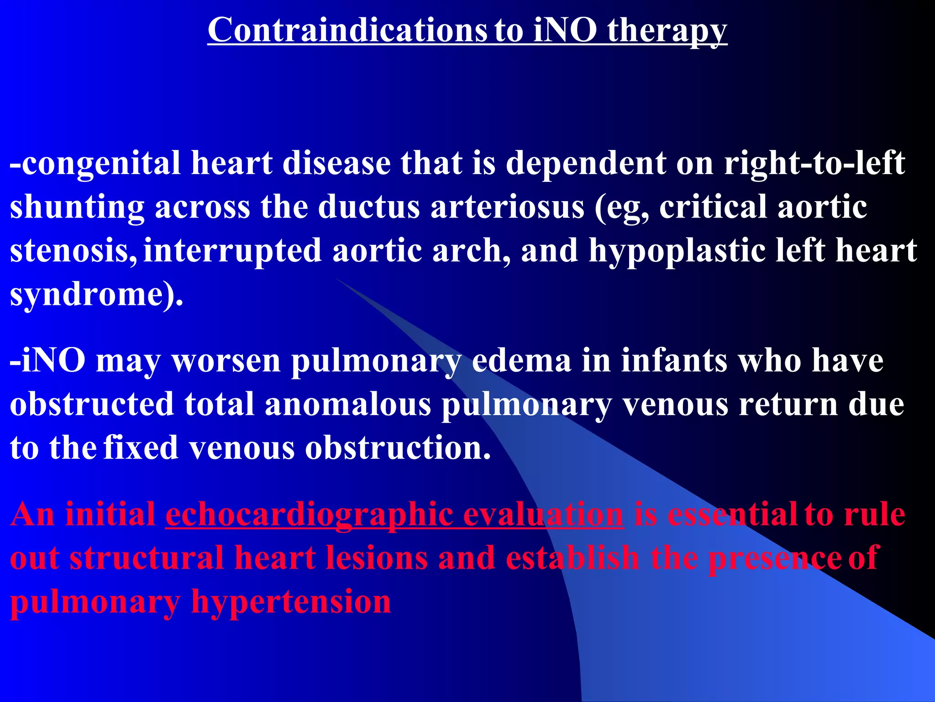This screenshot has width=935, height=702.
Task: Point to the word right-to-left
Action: coord(814,164)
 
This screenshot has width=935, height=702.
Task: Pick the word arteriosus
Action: coord(507,207)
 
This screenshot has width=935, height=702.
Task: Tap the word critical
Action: coord(713,207)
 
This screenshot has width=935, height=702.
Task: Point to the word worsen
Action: coord(226,361)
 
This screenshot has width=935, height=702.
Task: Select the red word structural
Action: coord(147,558)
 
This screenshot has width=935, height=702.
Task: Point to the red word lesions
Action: coord(376,558)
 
